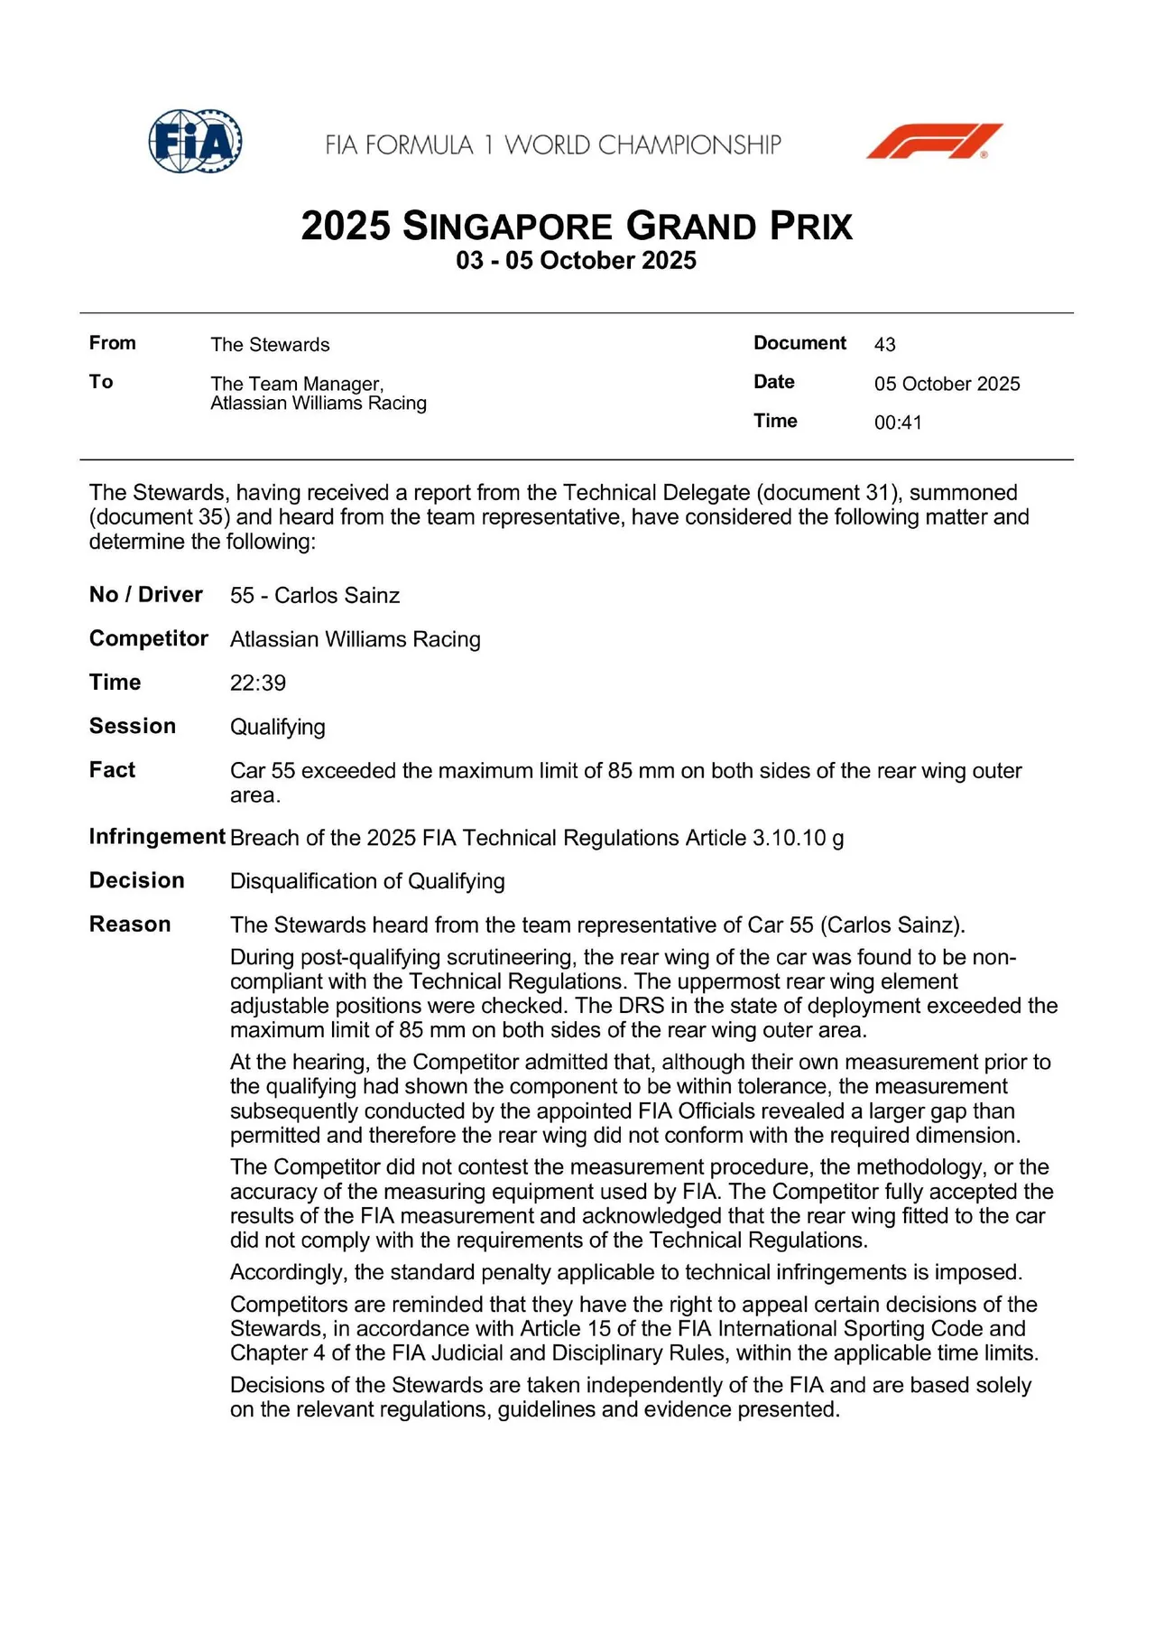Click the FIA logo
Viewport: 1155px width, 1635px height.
coord(195,142)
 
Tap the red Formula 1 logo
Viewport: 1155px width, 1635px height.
coord(934,142)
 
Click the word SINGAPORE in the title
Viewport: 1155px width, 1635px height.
coord(508,226)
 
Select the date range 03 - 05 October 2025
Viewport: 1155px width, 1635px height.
coord(576,261)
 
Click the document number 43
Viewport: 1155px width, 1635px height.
coord(884,344)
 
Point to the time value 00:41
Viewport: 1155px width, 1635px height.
coord(898,423)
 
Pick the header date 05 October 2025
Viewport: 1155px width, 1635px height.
coord(947,384)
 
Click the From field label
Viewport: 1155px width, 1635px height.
coord(113,343)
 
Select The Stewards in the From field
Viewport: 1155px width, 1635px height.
coord(270,345)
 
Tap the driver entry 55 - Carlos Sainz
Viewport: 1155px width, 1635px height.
coord(314,596)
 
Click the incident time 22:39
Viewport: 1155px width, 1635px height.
coord(257,683)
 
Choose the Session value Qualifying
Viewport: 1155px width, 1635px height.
coord(277,727)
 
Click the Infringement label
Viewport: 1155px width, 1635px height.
coord(157,837)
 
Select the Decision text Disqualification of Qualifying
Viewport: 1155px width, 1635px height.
coord(367,881)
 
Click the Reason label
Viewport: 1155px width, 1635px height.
coord(130,924)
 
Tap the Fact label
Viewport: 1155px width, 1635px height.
coord(112,770)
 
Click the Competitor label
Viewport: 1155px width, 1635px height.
coord(149,639)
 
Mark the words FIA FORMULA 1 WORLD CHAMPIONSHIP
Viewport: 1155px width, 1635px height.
coord(553,145)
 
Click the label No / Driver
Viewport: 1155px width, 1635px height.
coord(146,595)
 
